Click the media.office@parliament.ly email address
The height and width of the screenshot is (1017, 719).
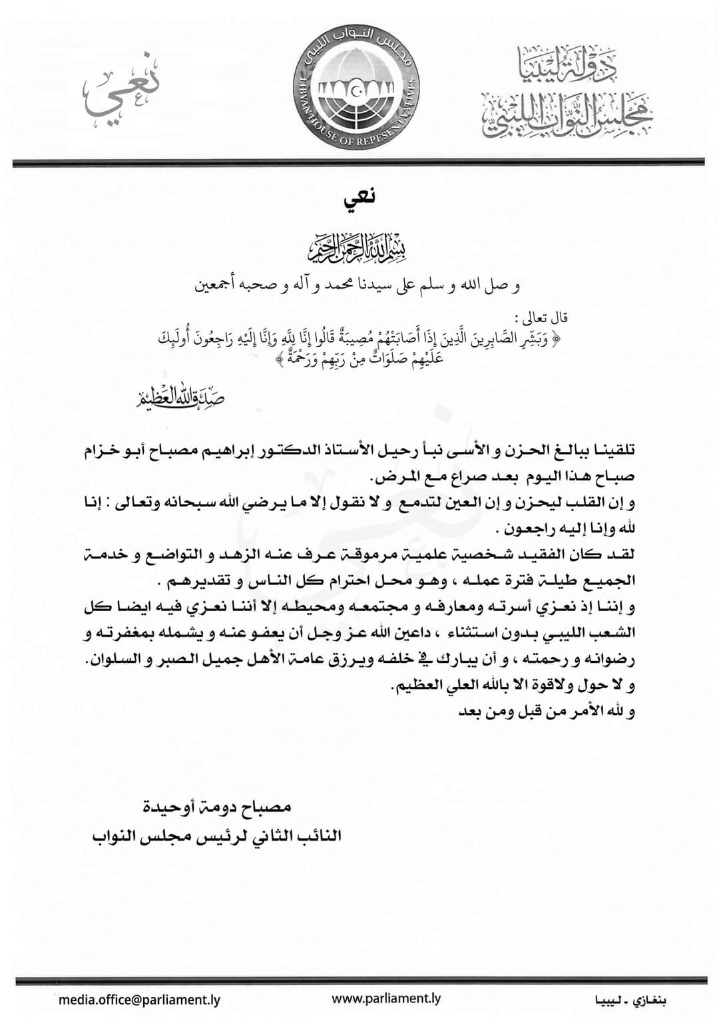140,999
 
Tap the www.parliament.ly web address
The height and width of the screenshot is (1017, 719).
386,998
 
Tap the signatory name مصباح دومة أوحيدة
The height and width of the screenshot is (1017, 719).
218,808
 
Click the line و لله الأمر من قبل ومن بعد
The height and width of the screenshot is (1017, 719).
547,712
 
